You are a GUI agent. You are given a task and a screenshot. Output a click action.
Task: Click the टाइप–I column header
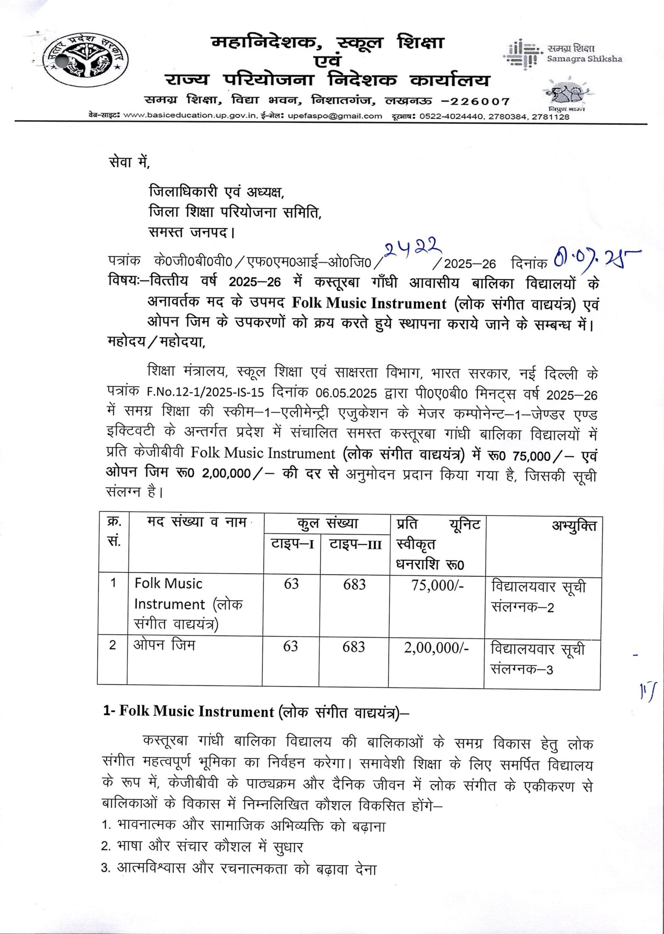(292, 544)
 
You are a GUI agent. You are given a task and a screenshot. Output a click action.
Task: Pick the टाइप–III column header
(355, 544)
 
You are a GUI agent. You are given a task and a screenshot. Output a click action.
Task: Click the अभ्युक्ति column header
(574, 526)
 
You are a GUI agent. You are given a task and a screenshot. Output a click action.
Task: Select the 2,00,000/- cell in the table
(436, 647)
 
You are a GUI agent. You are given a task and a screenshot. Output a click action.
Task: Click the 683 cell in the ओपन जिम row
(354, 647)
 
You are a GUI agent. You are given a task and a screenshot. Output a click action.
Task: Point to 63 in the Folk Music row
(291, 584)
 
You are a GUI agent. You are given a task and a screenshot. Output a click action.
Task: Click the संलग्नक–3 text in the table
(522, 669)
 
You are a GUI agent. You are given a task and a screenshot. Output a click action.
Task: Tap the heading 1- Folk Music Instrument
(256, 711)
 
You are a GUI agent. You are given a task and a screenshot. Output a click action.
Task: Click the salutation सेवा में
(129, 162)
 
